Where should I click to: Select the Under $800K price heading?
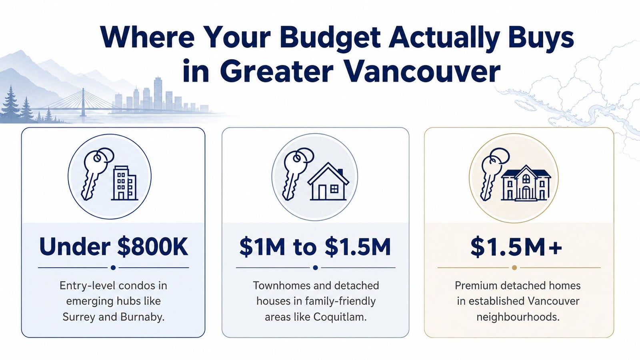coord(114,246)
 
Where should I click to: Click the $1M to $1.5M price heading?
coord(315,246)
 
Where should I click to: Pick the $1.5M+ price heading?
coord(516,246)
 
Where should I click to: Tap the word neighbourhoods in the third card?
coord(518,317)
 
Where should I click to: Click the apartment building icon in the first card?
coord(124,183)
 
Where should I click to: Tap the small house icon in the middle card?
coord(328,182)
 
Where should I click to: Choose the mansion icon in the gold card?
coord(526,183)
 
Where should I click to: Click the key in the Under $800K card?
coord(95,174)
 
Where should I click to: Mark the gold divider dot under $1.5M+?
coord(514,268)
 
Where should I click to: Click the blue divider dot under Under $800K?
coord(113,268)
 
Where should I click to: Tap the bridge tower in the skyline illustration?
coord(83,102)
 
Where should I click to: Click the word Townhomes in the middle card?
coord(277,286)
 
